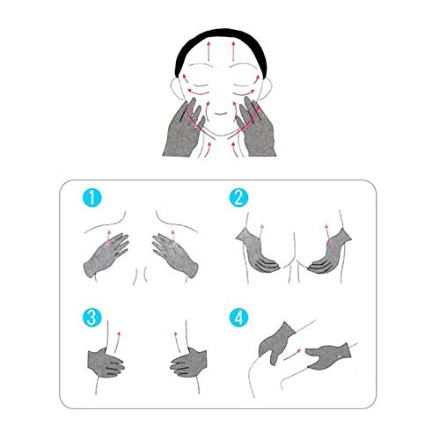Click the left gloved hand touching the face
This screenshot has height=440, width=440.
click(x=182, y=132)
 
